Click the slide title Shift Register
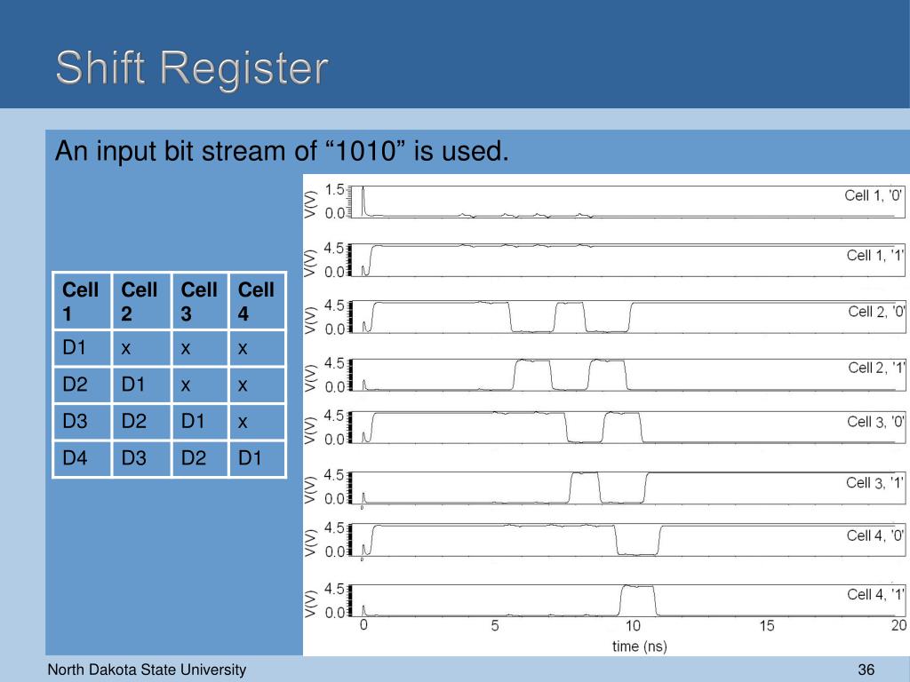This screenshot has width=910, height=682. click(192, 69)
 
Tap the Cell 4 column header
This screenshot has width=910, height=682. click(257, 300)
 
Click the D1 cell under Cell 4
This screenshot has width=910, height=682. click(250, 458)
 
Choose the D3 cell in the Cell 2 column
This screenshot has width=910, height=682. click(134, 458)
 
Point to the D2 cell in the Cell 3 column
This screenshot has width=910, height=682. click(194, 458)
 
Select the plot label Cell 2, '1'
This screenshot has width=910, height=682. click(876, 368)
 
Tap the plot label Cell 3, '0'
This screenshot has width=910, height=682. click(876, 422)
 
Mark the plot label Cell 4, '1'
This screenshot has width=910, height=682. click(875, 594)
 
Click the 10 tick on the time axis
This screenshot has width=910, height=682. click(632, 626)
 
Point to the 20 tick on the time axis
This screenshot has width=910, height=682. click(898, 626)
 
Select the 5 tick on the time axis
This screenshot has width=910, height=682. click(496, 626)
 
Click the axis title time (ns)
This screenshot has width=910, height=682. click(640, 646)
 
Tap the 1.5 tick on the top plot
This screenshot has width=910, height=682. click(335, 189)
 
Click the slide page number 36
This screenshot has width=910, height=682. click(867, 670)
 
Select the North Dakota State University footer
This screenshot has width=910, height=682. click(147, 670)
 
